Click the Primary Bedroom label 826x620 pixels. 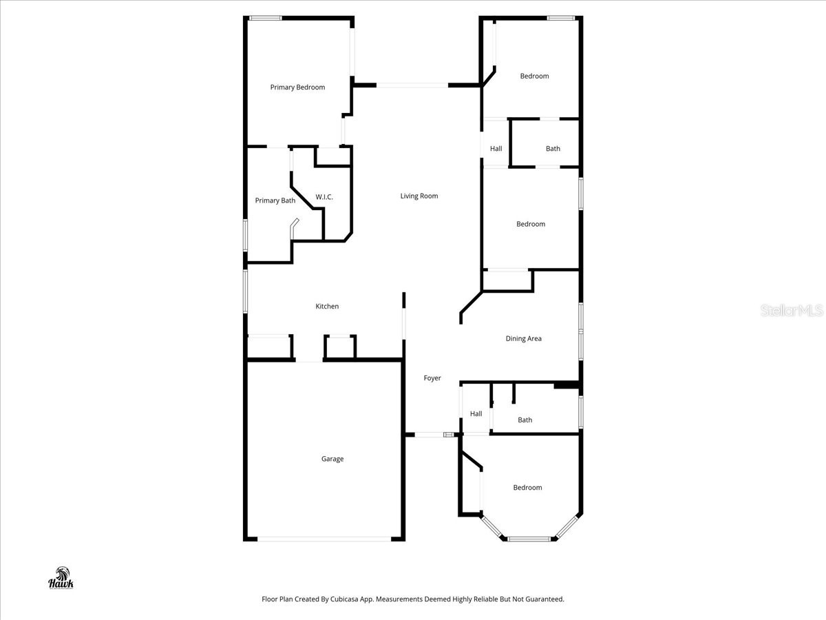coord(297,87)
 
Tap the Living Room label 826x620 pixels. coord(419,196)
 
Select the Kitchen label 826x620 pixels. coord(327,307)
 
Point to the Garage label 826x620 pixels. coord(332,459)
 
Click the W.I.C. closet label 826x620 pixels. coord(324,198)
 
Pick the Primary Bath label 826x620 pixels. coord(275,201)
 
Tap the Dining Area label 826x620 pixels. coord(524,339)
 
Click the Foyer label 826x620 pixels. coord(432,378)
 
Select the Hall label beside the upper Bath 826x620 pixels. coord(496,149)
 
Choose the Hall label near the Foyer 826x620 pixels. coord(476,414)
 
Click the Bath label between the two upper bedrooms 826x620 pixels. coord(553,149)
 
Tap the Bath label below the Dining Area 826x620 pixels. coord(525,420)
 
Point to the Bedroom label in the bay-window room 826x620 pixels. coord(527,488)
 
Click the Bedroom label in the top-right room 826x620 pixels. coord(534,76)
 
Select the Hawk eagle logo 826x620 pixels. coord(61,578)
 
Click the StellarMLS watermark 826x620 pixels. coord(792,311)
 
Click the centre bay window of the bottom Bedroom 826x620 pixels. coord(529,539)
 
